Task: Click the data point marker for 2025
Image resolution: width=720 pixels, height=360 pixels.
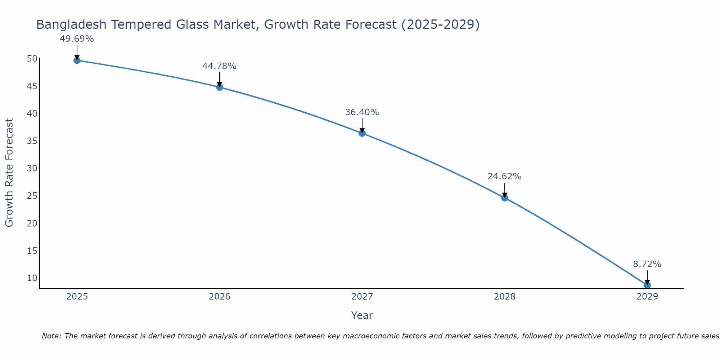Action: tap(77, 60)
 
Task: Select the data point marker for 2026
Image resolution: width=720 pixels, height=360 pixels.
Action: tap(220, 87)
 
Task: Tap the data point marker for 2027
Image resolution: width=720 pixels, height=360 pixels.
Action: tap(362, 133)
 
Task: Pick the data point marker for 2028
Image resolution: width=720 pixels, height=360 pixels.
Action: tap(505, 198)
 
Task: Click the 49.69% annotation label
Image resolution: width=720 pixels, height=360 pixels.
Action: tap(77, 39)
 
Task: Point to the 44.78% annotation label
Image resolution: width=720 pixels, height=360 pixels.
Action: tap(219, 66)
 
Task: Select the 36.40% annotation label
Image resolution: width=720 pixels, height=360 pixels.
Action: tap(362, 112)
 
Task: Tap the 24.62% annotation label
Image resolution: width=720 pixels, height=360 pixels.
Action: tap(504, 176)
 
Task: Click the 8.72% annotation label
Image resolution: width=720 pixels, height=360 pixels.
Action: tap(647, 264)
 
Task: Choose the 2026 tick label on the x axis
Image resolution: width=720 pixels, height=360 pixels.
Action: tap(220, 297)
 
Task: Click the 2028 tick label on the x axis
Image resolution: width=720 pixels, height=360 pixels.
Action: tap(505, 297)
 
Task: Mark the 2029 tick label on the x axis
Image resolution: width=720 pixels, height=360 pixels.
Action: tap(647, 297)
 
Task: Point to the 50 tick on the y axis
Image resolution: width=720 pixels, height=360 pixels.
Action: tap(32, 59)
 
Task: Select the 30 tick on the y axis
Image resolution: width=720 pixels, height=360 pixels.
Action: tap(32, 168)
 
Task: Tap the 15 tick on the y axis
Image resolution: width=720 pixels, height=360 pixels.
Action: tap(32, 251)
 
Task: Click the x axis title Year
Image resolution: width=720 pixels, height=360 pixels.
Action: tap(362, 315)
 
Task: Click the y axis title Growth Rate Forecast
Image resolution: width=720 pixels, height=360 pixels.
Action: tap(9, 173)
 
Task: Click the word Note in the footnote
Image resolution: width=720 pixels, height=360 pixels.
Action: tap(51, 336)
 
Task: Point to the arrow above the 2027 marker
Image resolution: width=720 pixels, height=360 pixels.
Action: tap(362, 125)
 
